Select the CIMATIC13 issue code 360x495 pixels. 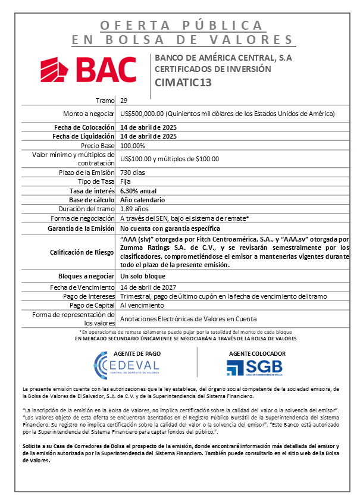tap(183, 83)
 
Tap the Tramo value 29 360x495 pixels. tap(123, 100)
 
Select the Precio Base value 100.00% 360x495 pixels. tap(133, 146)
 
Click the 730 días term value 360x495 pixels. tap(132, 173)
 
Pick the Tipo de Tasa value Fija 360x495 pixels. tap(125, 181)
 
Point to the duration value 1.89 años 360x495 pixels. tap(134, 209)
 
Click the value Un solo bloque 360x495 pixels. tap(143, 277)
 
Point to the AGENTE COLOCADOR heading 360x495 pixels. tap(257, 353)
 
